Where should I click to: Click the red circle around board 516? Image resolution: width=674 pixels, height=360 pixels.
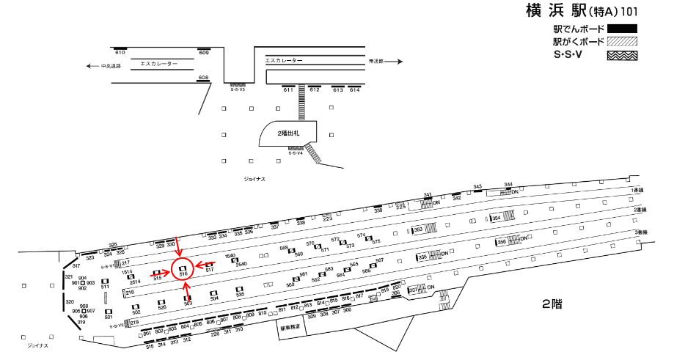coord(182,270)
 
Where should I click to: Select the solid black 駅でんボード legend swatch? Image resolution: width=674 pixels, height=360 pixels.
coord(622,29)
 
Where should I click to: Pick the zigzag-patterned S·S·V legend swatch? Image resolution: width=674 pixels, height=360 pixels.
coord(622,55)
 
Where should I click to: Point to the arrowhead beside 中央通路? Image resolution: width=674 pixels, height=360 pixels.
coord(89,66)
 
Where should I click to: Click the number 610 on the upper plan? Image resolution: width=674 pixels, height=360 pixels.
coord(120,53)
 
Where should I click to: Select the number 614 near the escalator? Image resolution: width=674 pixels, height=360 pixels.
coord(355,89)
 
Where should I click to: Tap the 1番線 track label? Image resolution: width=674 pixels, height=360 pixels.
coord(637,190)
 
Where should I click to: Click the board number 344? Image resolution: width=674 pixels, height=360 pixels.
coord(508,185)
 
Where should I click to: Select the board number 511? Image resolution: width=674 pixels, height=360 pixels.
coord(105,287)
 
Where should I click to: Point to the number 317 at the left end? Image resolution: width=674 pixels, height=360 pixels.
coord(76,265)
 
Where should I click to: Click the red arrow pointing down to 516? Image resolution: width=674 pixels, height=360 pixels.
coord(178,247)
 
